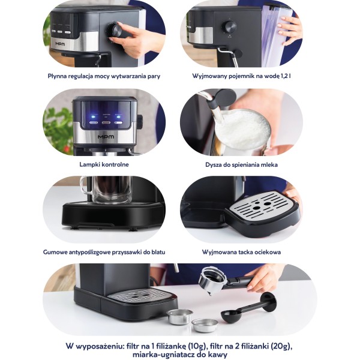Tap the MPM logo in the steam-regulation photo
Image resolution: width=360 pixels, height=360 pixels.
click(60, 44)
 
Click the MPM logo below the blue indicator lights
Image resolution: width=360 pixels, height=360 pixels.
click(106, 137)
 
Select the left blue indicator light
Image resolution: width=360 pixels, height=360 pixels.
click(93, 116)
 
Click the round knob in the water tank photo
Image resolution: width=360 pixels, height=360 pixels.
click(230, 27)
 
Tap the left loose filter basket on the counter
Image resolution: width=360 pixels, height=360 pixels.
click(179, 316)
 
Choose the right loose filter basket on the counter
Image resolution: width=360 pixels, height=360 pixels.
click(205, 325)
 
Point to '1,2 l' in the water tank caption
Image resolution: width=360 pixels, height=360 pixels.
click(286, 76)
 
